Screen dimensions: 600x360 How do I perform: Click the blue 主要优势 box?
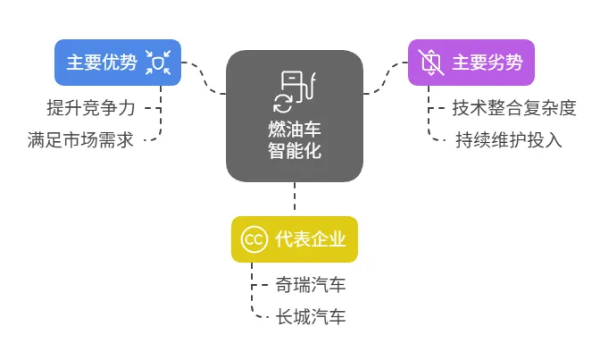118,63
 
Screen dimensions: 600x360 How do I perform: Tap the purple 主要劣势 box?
471,63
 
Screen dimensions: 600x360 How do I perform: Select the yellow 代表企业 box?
295,239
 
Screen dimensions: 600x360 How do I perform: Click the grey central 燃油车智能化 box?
295,116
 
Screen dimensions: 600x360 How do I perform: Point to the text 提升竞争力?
91,108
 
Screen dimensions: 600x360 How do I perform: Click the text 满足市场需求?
80,140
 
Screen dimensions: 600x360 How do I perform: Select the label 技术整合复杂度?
514,108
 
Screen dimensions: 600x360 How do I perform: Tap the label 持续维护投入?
509,140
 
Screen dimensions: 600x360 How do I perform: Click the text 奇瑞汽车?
311,285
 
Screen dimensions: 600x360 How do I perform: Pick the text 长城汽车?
311,317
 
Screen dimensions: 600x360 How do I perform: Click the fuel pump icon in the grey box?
297,87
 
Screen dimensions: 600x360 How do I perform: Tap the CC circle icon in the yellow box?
254,239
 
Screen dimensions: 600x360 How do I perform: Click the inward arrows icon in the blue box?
158,63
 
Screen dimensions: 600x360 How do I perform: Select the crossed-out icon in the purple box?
431,63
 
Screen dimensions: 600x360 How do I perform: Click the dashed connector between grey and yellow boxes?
295,197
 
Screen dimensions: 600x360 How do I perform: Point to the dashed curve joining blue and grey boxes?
204,78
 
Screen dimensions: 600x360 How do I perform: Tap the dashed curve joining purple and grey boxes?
386,78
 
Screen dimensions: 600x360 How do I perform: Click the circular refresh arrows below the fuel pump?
283,104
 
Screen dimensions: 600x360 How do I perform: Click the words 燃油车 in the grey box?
295,129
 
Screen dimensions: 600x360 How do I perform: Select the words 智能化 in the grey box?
295,150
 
